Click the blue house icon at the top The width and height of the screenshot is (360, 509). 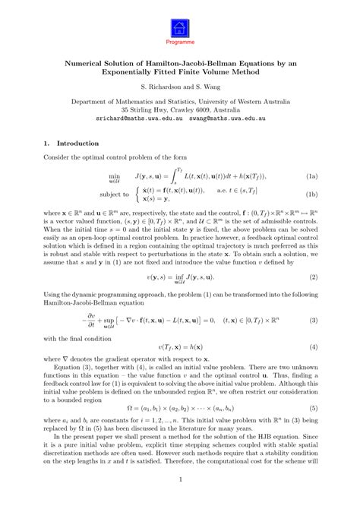(x=179, y=28)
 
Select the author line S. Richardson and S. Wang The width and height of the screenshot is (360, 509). (x=180, y=87)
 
